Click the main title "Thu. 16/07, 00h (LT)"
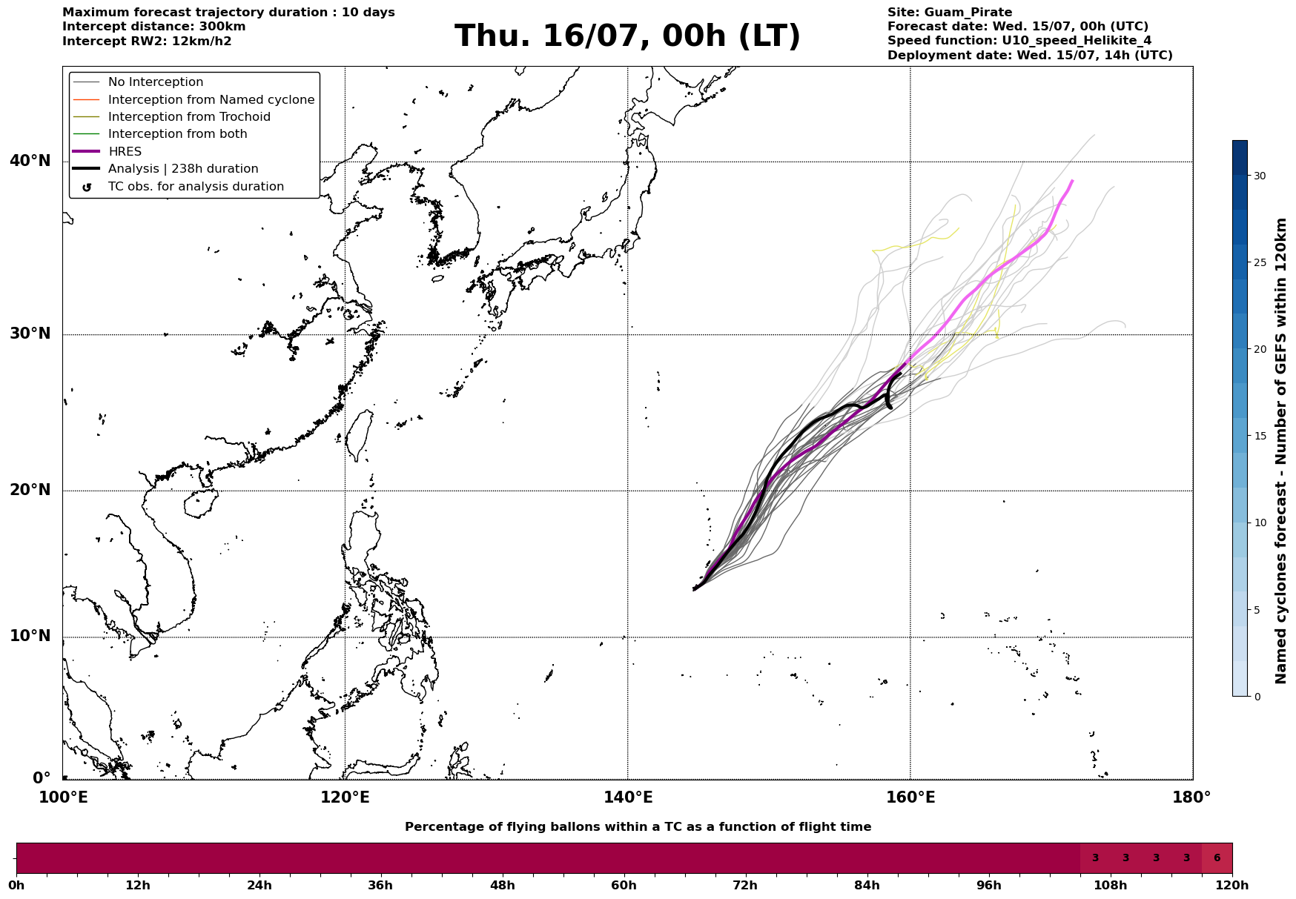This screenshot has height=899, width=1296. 627,36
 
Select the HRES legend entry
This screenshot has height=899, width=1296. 125,152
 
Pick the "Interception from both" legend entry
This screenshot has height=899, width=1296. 178,134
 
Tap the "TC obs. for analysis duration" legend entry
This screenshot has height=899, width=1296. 196,187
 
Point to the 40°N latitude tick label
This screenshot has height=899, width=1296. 30,161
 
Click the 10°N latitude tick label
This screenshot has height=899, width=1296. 30,637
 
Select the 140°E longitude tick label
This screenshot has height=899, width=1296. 627,798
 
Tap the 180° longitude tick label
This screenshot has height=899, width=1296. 1191,798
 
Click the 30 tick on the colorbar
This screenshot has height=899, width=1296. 1260,176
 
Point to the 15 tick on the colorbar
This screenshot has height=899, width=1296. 1260,436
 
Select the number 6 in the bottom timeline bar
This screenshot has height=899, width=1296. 1217,858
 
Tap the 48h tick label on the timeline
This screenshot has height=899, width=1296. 502,886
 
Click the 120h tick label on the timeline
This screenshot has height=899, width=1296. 1232,886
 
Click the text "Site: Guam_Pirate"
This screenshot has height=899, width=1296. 950,13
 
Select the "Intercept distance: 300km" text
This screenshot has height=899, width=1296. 154,27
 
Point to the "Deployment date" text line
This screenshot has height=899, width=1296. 1030,56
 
